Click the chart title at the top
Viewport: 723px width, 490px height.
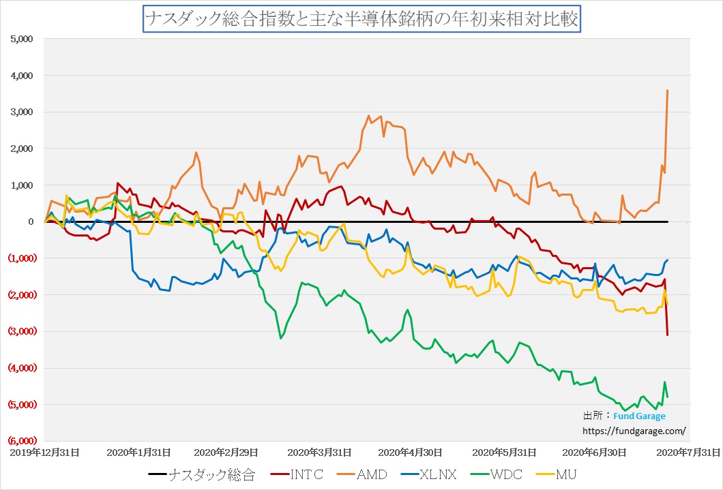[x=361, y=19]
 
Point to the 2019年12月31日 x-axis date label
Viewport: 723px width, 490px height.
[x=44, y=452]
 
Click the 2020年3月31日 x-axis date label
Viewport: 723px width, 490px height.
[x=319, y=452]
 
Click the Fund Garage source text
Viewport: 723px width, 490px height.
[x=639, y=416]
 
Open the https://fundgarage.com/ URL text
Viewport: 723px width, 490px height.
[x=634, y=431]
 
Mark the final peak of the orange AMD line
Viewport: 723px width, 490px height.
[x=667, y=91]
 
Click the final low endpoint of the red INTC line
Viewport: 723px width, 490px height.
[x=667, y=334]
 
